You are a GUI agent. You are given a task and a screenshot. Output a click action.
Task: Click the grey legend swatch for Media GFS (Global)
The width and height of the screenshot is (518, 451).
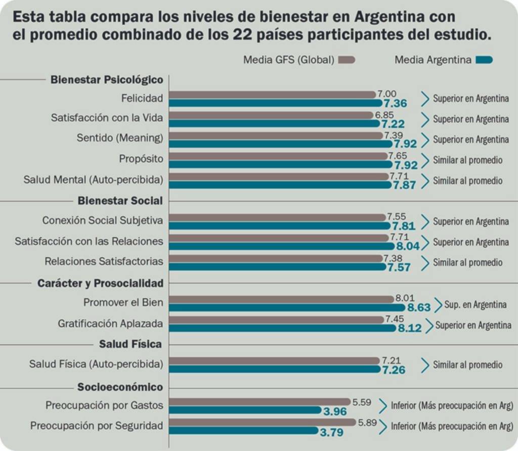[x=347, y=60]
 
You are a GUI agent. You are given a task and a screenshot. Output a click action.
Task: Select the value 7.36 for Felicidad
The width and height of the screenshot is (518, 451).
[x=396, y=103]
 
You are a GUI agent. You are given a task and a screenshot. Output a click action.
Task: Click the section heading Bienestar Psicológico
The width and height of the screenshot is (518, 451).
[x=107, y=79]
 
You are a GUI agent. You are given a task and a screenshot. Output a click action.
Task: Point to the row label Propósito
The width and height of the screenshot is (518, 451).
[x=141, y=159]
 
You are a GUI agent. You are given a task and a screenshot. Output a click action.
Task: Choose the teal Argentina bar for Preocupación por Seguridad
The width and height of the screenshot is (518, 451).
[x=243, y=431]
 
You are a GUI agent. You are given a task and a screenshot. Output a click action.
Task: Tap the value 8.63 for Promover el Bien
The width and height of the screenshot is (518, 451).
[x=418, y=307]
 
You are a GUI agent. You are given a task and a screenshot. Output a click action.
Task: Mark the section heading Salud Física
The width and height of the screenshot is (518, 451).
[x=131, y=344]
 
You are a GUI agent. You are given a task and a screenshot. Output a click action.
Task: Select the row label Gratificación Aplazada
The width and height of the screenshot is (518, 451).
[x=110, y=323]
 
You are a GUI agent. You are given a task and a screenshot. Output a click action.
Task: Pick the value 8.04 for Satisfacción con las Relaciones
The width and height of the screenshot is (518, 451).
[x=408, y=246]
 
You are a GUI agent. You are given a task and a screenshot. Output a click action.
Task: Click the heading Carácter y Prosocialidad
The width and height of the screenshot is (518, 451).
[x=100, y=283]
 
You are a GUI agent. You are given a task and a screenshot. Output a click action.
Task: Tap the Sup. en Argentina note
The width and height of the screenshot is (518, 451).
[x=475, y=304]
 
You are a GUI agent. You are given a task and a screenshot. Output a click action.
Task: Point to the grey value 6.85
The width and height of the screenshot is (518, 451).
[x=384, y=115]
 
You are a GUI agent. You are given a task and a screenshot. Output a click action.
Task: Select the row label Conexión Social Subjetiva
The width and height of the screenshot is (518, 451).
[x=103, y=220]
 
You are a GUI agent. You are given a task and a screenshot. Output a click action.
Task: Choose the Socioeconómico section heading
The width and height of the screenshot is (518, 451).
[x=120, y=387]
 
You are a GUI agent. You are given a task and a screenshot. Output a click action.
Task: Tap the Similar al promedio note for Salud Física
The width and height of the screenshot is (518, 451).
[x=467, y=365]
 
